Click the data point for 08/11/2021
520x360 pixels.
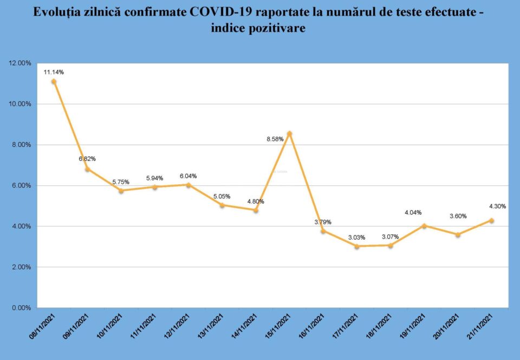[54, 81]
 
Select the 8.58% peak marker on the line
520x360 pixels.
[290, 133]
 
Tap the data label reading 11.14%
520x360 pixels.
[54, 72]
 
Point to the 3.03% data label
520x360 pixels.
[356, 237]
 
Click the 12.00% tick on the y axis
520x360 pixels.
[20, 63]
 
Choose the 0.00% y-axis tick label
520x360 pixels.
[22, 308]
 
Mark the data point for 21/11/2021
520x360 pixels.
[491, 221]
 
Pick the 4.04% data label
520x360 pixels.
[413, 213]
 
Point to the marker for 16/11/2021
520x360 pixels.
[323, 231]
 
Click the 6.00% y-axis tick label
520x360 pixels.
[22, 185]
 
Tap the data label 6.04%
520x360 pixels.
[188, 176]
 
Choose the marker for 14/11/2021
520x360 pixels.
[256, 210]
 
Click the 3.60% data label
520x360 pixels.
[458, 216]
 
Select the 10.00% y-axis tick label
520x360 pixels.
[20, 104]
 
